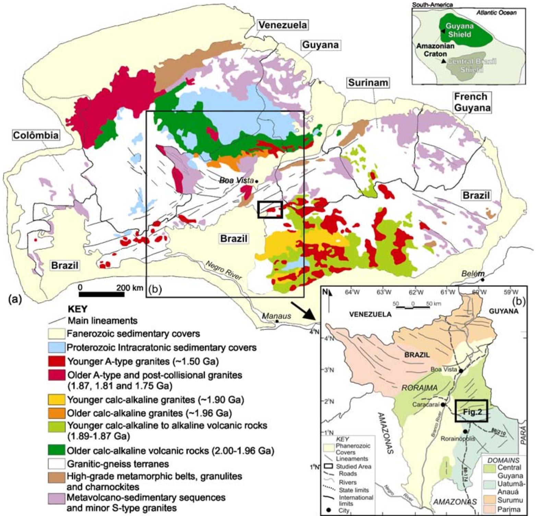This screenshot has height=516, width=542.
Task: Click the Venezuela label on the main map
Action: pos(282,25)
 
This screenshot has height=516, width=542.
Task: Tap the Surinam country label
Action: pos(368,83)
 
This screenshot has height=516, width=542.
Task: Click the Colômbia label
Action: pos(36,135)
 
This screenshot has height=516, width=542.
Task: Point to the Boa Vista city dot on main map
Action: pos(257,181)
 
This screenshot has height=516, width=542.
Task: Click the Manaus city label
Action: pos(276,316)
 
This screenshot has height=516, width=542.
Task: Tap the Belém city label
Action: pos(472,274)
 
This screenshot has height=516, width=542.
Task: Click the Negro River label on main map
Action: pos(223,270)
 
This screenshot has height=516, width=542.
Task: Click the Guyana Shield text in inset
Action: pos(459,30)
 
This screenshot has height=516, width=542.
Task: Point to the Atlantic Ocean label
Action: pos(496,13)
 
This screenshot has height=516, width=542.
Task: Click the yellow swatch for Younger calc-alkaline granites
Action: pos(57,400)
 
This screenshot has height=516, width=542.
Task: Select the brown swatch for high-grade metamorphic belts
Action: pos(57,477)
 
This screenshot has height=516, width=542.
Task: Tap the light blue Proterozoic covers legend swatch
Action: pos(57,348)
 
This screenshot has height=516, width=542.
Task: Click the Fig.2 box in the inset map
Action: pos(471,411)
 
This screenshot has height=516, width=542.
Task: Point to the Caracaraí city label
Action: pos(425,404)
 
